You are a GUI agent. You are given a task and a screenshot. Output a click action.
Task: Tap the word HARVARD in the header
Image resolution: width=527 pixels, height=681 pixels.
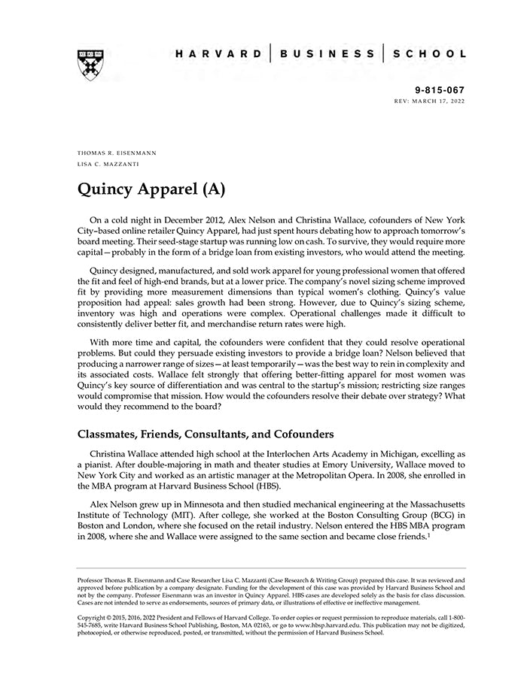point(218,54)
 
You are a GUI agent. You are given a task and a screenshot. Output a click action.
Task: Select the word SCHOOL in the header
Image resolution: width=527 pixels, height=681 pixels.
point(430,54)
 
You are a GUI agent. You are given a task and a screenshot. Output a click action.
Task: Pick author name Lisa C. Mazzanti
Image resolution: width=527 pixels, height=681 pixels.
point(108,164)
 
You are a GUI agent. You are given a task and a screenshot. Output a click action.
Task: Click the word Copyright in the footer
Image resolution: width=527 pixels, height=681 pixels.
point(93,617)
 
